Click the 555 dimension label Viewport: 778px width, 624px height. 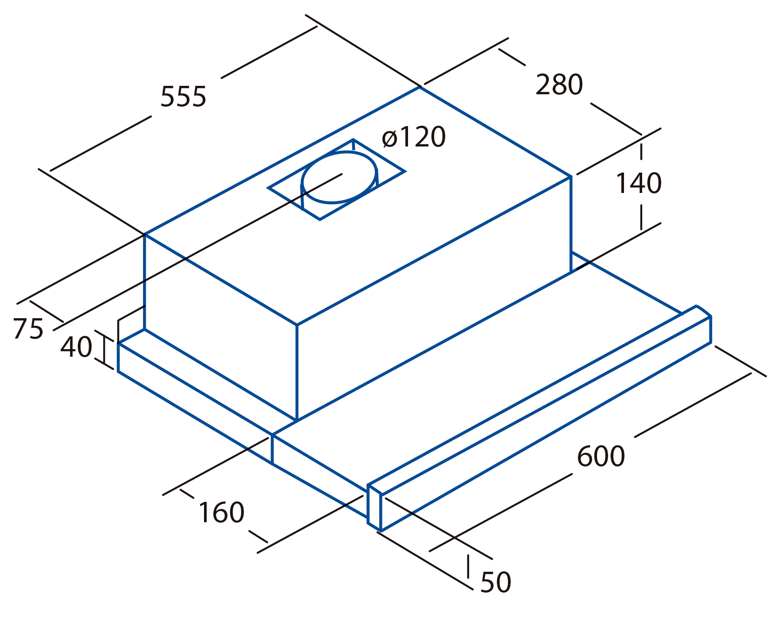(183, 96)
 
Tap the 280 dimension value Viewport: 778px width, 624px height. (559, 85)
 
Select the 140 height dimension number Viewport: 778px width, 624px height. (639, 183)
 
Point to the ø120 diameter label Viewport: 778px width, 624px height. (414, 137)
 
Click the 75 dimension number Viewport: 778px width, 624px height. (28, 329)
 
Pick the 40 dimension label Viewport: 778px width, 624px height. (76, 347)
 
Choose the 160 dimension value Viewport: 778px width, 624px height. (221, 512)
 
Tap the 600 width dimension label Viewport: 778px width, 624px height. (601, 456)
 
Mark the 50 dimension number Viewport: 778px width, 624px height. (496, 582)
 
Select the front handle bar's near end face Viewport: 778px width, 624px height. (374, 507)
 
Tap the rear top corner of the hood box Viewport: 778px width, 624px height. (420, 87)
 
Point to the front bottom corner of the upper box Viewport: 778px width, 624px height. (297, 420)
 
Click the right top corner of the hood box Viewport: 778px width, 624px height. (571, 177)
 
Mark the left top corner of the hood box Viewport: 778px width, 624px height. (145, 234)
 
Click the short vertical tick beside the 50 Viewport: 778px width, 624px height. (468, 566)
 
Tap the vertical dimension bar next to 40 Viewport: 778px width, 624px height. (104, 349)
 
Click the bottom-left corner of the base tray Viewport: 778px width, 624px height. (118, 371)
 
